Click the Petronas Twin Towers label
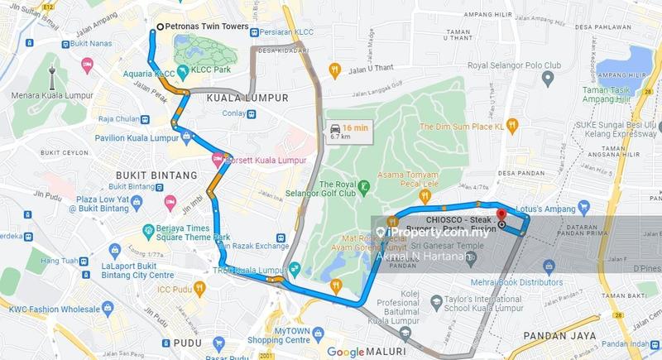206,26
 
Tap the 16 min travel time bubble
348,132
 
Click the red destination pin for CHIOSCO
501,223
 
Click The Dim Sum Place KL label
461,126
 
